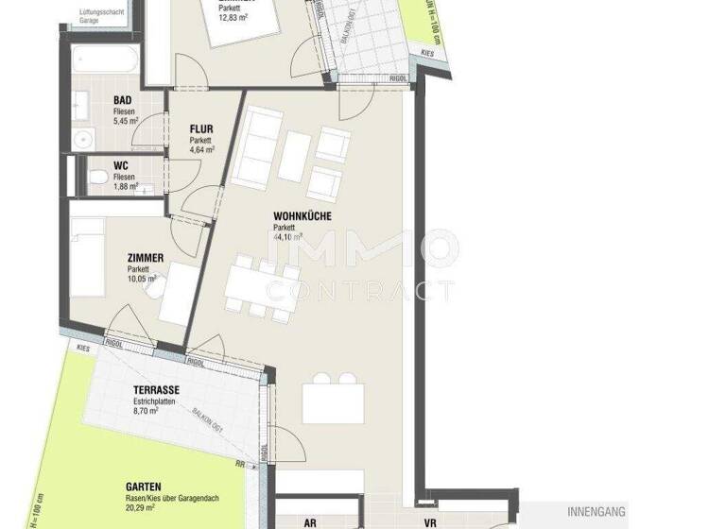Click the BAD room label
tap(122, 101)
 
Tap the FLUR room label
tap(201, 129)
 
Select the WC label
tap(120, 165)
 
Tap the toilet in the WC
tap(96, 177)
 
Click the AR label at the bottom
tap(309, 521)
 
